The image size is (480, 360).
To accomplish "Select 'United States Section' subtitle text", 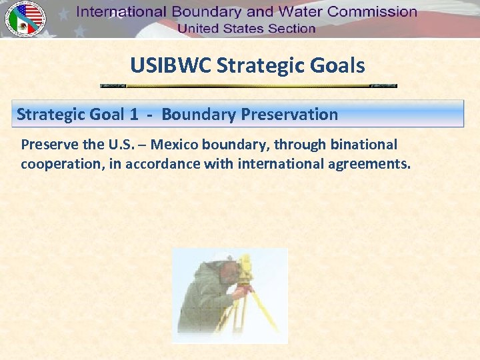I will pyautogui.click(x=246, y=29).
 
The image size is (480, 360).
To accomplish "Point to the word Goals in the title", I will pyautogui.click(x=339, y=65).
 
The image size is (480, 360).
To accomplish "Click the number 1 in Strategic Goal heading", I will pyautogui.click(x=134, y=114).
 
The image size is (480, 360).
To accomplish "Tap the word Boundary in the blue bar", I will pyautogui.click(x=198, y=114).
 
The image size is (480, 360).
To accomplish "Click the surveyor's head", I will pyautogui.click(x=229, y=270).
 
